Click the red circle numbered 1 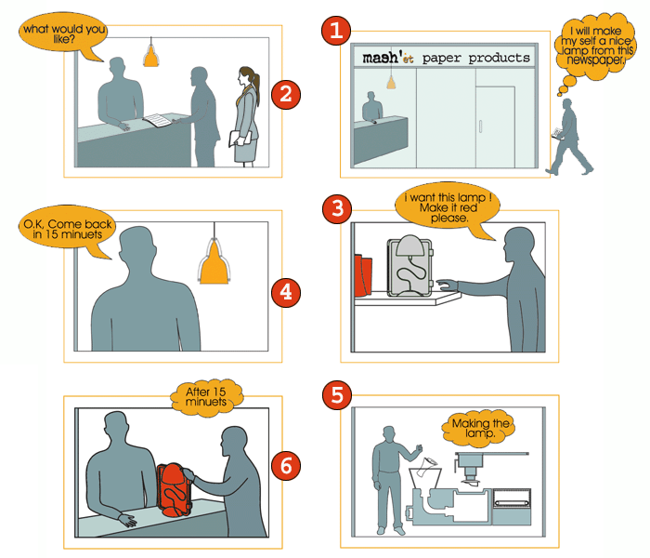(x=336, y=31)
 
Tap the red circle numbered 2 (x=286, y=95)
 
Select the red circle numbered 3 (x=337, y=208)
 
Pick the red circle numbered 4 (x=286, y=293)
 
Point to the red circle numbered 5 (x=337, y=394)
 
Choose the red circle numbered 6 (x=286, y=466)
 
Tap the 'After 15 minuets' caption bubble (x=206, y=396)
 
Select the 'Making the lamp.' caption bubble (x=479, y=428)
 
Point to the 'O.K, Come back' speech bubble (x=68, y=229)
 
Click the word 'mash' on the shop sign (x=381, y=58)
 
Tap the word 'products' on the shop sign (x=500, y=58)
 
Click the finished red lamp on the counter (x=175, y=490)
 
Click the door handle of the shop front (x=480, y=126)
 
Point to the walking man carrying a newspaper (x=570, y=137)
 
